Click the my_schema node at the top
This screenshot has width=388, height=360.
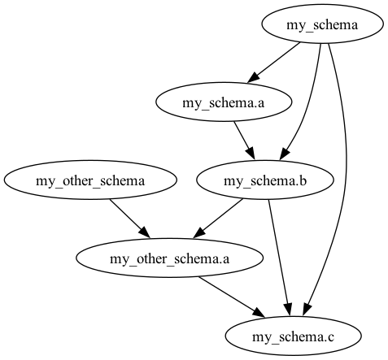tap(322, 24)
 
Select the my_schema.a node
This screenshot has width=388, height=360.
tap(224, 102)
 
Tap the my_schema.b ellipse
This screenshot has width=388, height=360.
tap(265, 180)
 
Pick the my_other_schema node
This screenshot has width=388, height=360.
tap(90, 180)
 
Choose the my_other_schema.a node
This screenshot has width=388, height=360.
tap(169, 258)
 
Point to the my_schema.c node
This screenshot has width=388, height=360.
tap(293, 336)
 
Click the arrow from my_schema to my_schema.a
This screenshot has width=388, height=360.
tap(274, 62)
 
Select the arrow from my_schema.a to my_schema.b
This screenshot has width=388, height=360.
tap(245, 141)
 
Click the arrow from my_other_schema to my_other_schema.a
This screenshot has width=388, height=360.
tap(129, 219)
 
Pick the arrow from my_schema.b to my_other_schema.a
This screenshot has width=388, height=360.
tap(218, 219)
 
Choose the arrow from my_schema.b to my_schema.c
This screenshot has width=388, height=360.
tap(279, 258)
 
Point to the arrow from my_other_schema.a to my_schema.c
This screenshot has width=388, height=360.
tap(231, 297)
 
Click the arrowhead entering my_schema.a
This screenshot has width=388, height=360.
tap(254, 76)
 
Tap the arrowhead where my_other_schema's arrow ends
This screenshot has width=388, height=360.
tap(145, 233)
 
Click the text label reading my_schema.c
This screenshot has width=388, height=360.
tap(293, 337)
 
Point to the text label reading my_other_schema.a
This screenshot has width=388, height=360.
tap(169, 259)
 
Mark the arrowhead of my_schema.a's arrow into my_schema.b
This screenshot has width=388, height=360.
tap(251, 154)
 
